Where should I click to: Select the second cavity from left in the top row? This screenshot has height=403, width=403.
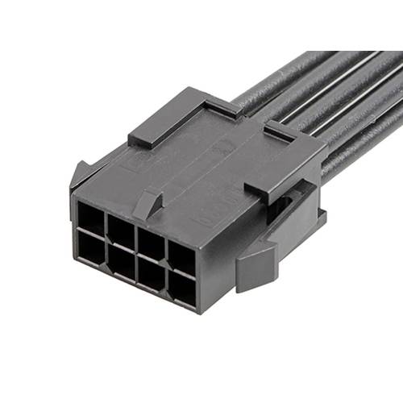pos(120,228)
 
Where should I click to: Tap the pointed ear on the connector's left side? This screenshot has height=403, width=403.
pos(81,172)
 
